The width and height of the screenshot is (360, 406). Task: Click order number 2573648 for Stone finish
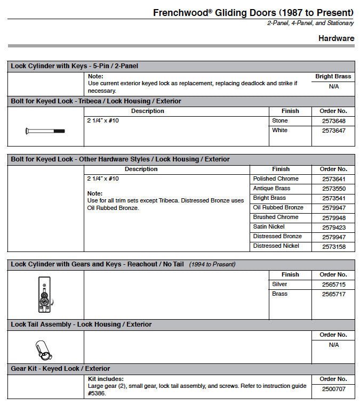[334, 121]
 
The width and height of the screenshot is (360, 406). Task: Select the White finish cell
[279, 131]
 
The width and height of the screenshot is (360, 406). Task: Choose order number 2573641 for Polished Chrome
[334, 179]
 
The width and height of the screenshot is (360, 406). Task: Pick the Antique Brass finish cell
[271, 189]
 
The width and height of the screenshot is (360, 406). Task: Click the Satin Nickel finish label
[269, 227]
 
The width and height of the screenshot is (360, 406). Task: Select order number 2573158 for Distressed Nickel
[334, 246]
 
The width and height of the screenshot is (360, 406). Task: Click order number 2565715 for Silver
[334, 285]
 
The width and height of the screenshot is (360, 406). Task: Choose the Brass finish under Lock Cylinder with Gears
[279, 294]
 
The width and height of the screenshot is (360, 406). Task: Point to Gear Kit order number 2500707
[334, 389]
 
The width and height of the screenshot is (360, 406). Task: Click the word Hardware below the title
[336, 38]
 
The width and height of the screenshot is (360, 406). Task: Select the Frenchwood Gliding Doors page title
[253, 12]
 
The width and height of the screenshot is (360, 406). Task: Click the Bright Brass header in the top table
[333, 77]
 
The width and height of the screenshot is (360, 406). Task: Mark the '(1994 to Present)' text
[212, 264]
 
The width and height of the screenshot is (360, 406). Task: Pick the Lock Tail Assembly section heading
[81, 324]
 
